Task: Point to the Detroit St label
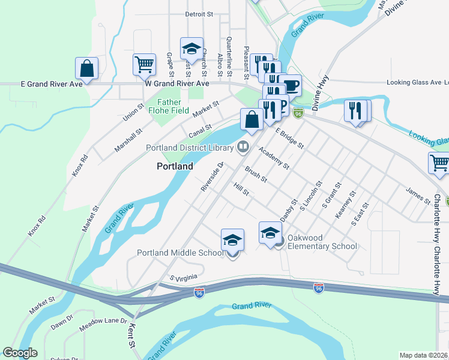tap(199, 14)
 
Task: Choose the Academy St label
tap(274, 157)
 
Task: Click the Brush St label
tap(256, 175)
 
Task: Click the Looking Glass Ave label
tap(414, 82)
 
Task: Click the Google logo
tap(20, 353)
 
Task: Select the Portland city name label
tap(175, 166)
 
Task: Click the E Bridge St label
tap(289, 138)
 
